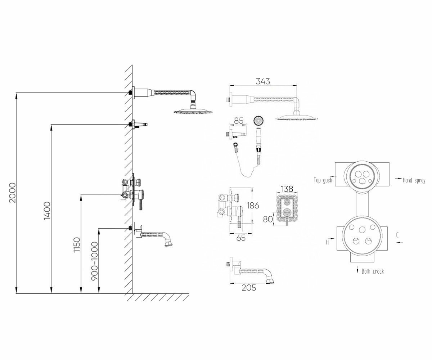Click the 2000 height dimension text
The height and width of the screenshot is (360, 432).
tap(12, 193)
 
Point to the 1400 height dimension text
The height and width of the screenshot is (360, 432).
tap(46, 211)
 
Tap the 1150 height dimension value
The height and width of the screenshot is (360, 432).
tap(77, 244)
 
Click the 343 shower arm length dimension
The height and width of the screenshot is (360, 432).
tap(263, 81)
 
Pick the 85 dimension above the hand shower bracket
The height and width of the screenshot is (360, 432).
tap(239, 121)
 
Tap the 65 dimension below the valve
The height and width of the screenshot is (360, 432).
tap(242, 238)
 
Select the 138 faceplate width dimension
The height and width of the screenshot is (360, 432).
tap(287, 189)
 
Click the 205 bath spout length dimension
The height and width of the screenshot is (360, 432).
tap(249, 288)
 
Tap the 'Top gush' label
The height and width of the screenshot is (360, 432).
tap(323, 180)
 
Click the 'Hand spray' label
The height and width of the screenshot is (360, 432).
tap(414, 180)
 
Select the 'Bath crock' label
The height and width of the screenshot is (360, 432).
tap(373, 271)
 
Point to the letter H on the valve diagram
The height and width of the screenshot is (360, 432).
tap(328, 242)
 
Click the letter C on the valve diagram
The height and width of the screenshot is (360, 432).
tap(397, 235)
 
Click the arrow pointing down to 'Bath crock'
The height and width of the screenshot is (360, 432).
tap(357, 270)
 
